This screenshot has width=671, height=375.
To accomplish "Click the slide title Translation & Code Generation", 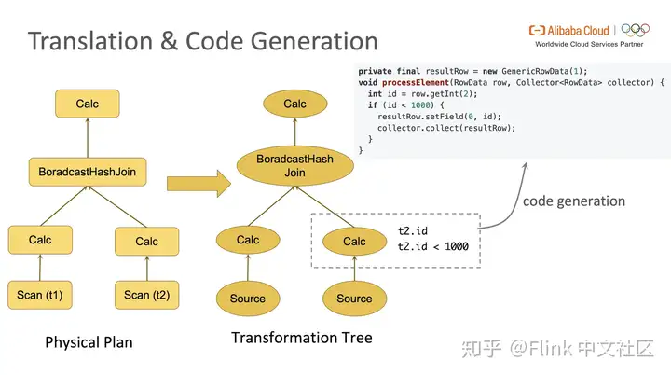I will [202, 42].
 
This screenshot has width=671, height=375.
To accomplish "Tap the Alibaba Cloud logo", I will [569, 30].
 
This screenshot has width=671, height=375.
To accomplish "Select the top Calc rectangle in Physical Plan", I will [88, 104].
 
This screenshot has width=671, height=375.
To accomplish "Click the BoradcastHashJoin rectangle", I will [87, 173].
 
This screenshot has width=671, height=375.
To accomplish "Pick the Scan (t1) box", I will [40, 295].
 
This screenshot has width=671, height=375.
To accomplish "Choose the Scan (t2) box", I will [146, 295].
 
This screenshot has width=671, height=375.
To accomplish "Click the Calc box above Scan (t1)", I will [40, 240].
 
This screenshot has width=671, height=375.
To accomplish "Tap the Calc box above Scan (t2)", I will [146, 241].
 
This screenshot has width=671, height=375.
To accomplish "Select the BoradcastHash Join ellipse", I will [294, 166].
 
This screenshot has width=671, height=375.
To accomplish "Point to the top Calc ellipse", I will [294, 104].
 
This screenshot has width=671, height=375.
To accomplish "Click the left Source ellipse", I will [248, 299].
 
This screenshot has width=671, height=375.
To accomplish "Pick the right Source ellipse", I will [354, 299].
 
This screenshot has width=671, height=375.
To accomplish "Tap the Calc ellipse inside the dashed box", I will [354, 242].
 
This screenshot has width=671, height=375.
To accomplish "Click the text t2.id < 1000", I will [433, 247].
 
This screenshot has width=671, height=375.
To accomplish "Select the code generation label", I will [573, 201].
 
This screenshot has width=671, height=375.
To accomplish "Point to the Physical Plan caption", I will [89, 342].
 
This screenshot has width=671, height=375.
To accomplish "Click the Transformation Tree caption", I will [301, 338].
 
